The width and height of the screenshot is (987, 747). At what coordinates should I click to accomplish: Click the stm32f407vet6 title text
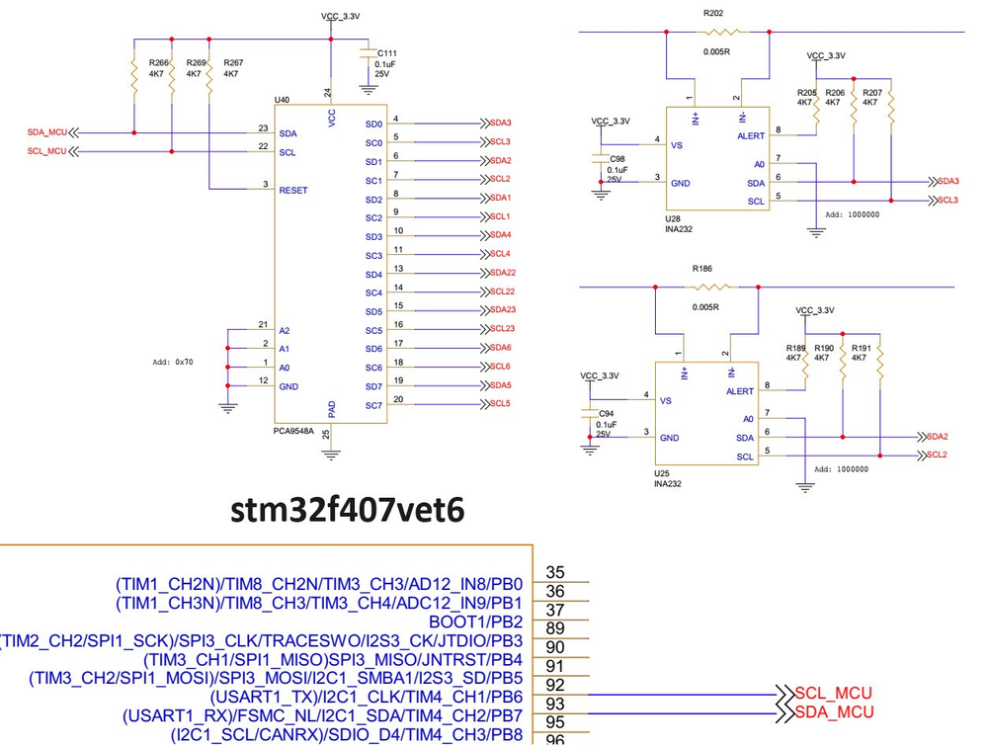click(347, 510)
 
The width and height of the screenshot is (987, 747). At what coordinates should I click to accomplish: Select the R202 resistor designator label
click(712, 14)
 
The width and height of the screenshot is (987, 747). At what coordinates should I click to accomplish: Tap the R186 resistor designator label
click(702, 268)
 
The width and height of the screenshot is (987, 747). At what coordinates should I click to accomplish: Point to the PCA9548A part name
click(293, 431)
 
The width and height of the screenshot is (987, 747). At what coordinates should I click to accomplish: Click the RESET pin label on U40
click(293, 190)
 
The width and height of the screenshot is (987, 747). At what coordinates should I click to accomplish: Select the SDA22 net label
click(503, 273)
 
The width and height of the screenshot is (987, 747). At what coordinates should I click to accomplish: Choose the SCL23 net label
click(503, 328)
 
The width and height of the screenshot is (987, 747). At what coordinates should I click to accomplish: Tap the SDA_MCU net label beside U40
click(46, 132)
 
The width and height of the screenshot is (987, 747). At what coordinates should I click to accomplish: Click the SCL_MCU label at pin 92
click(835, 694)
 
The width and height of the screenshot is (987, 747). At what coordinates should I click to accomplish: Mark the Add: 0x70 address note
click(173, 362)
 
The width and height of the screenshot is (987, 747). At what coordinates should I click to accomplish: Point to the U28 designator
click(673, 220)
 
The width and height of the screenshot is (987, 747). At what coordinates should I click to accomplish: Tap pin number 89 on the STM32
click(555, 628)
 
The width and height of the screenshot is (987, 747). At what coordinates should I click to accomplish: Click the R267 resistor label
click(233, 62)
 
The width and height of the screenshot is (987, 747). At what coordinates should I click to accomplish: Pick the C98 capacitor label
click(617, 158)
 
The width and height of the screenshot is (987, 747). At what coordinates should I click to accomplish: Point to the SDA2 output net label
click(937, 436)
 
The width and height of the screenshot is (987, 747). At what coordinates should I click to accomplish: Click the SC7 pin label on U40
click(373, 405)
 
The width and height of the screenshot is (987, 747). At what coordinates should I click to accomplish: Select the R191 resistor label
click(861, 348)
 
